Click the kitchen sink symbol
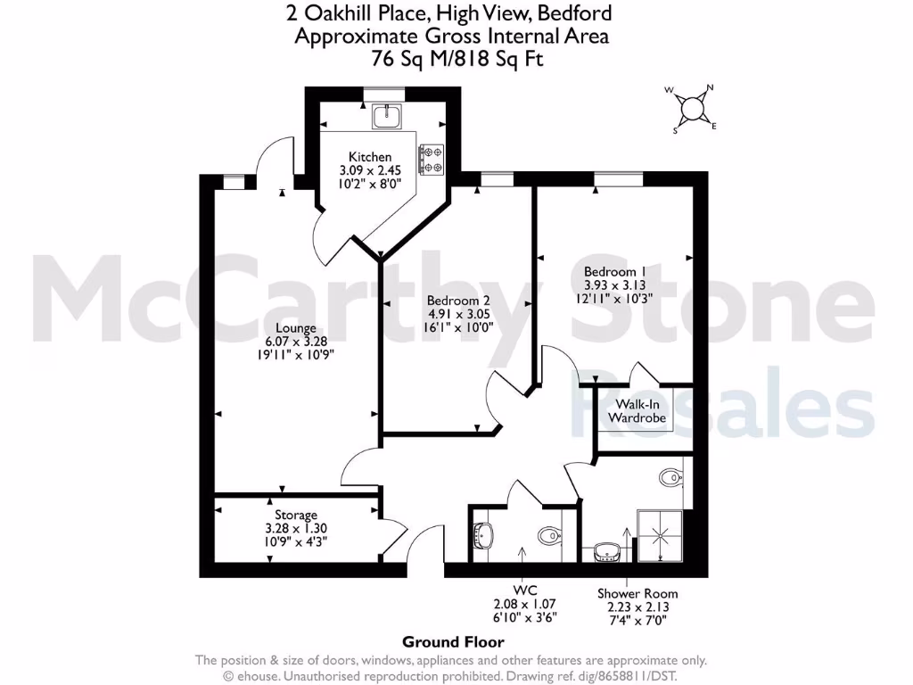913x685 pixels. [387, 115]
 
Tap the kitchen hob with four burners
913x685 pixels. [432, 159]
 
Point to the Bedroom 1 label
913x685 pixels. [614, 271]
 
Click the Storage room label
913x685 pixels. [296, 516]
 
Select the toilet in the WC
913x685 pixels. [548, 536]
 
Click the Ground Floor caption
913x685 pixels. [453, 641]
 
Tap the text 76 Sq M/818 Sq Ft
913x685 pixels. [456, 59]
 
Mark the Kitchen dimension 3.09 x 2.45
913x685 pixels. [370, 170]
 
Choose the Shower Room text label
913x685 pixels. [637, 593]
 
